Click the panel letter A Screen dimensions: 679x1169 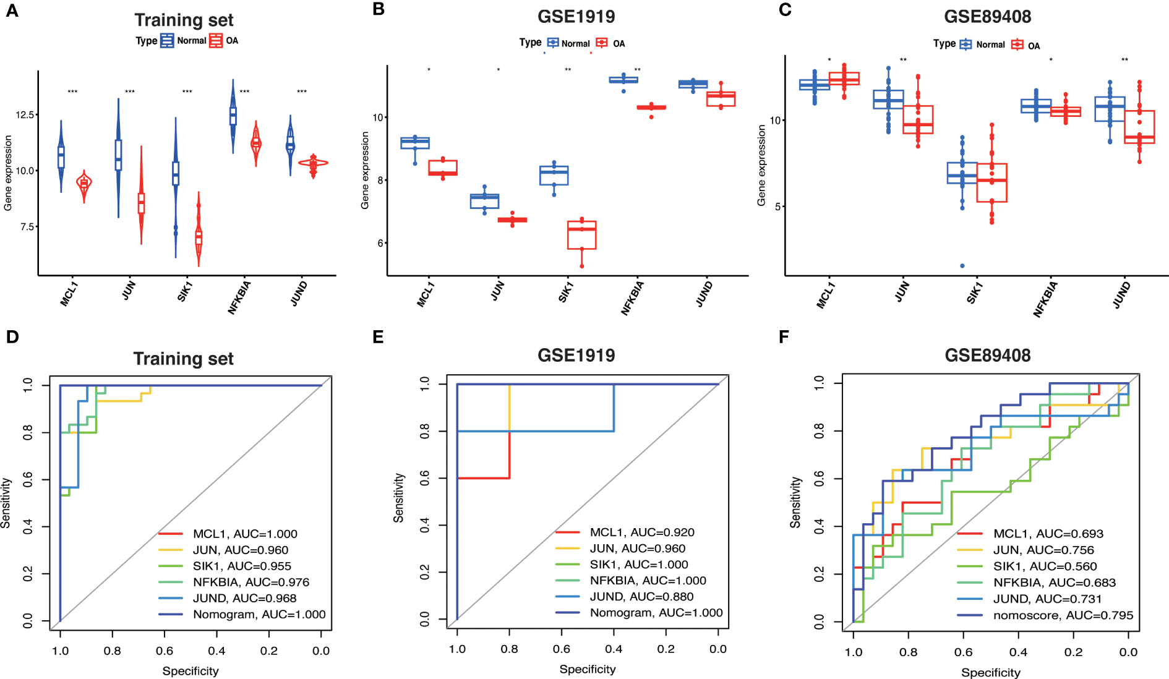12,11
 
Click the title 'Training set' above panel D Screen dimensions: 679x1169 183,359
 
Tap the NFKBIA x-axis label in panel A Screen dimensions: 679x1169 239,297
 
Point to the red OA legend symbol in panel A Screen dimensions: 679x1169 215,41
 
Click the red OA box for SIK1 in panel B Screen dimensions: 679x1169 581,235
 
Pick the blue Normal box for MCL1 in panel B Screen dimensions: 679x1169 415,143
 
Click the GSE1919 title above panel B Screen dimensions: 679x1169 576,17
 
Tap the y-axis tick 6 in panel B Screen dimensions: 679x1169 380,243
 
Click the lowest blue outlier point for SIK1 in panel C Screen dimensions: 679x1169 962,266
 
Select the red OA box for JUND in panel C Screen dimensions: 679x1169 1139,127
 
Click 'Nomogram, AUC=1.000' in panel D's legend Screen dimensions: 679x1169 259,615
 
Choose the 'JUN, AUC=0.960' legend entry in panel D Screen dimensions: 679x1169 240,550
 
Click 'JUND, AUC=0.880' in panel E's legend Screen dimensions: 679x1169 641,597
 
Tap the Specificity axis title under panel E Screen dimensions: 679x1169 588,669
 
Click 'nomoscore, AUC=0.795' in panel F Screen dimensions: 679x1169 1063,615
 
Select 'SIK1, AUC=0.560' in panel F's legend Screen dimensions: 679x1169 1045,566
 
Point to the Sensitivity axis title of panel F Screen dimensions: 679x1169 795,502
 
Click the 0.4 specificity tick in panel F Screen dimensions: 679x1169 1018,652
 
